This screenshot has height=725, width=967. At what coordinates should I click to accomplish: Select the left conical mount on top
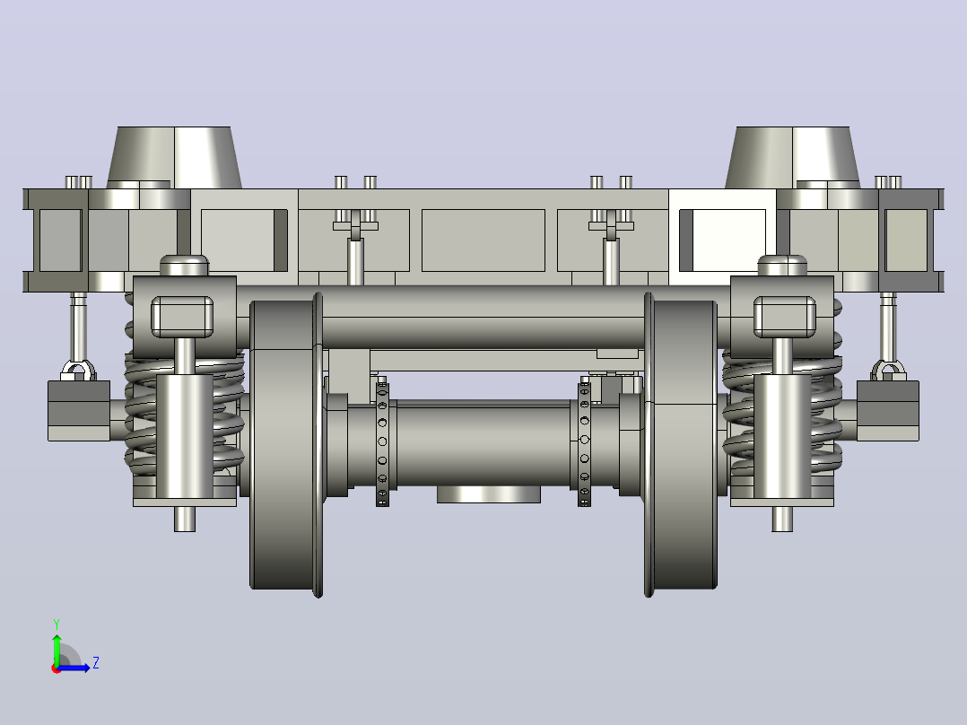pos(175,157)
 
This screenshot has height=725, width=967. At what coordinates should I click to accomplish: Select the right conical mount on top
pos(792,157)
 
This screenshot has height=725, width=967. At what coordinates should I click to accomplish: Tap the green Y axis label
pos(57,624)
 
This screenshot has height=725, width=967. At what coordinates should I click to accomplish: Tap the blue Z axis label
pos(96,663)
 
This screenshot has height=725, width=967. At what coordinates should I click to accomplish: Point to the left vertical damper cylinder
pos(185,436)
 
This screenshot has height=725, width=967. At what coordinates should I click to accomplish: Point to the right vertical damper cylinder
pos(782,436)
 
